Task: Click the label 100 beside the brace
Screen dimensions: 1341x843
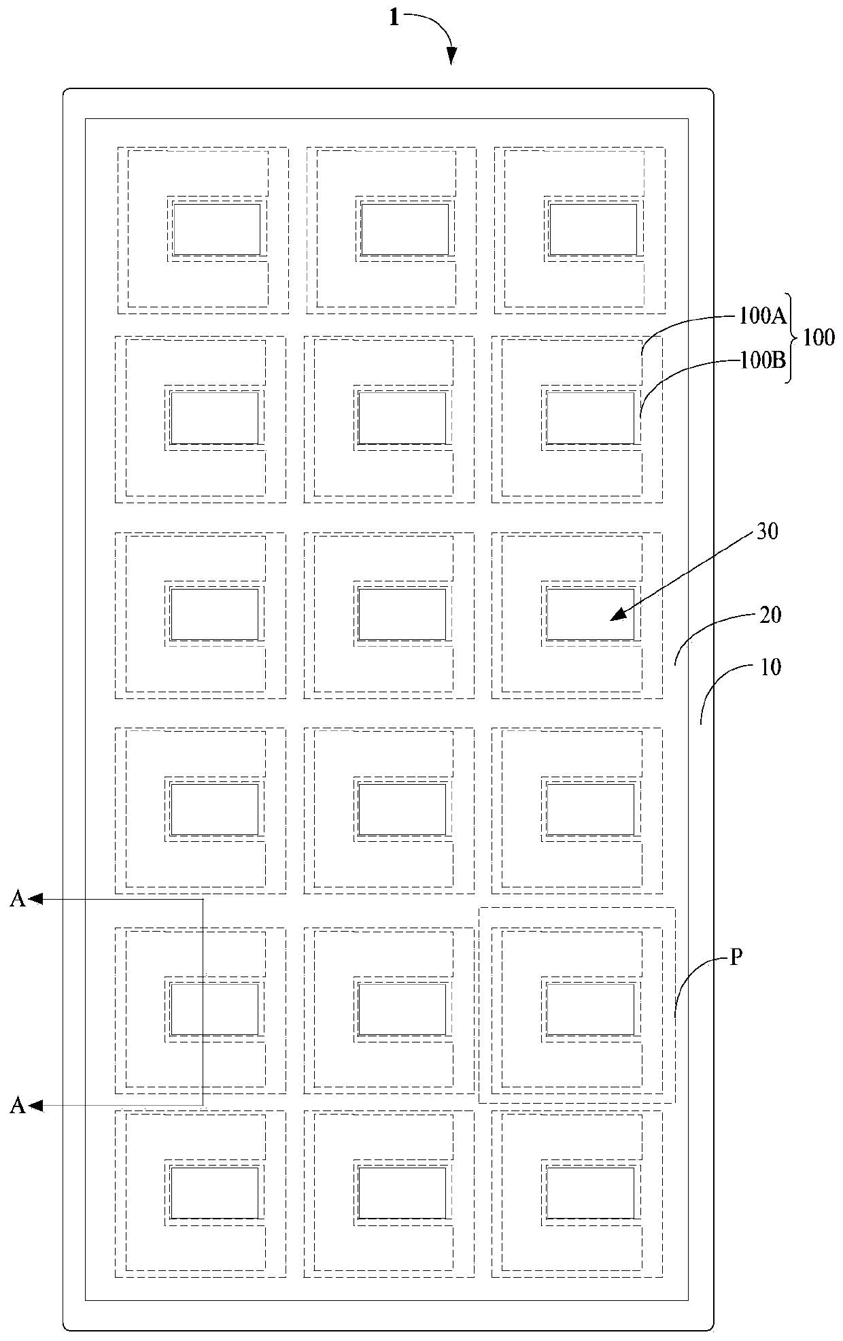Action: (x=819, y=338)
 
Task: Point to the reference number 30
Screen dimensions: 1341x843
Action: (x=767, y=532)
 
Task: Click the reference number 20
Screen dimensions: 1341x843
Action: (x=770, y=615)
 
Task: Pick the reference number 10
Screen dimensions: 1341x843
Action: (x=770, y=667)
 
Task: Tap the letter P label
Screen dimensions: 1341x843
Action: (x=736, y=958)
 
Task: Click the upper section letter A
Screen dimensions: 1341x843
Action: (x=18, y=899)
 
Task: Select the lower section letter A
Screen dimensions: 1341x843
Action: (x=18, y=1106)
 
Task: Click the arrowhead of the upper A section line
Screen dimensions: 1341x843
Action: (x=35, y=899)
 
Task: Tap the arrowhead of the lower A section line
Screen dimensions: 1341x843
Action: (x=35, y=1106)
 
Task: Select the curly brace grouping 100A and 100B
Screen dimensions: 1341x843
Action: (x=793, y=338)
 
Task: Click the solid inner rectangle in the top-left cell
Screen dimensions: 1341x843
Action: (x=217, y=229)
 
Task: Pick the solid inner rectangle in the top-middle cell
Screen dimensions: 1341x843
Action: (x=405, y=229)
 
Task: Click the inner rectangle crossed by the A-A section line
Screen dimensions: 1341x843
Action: (x=214, y=1009)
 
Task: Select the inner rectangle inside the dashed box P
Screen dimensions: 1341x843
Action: (x=590, y=1009)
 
